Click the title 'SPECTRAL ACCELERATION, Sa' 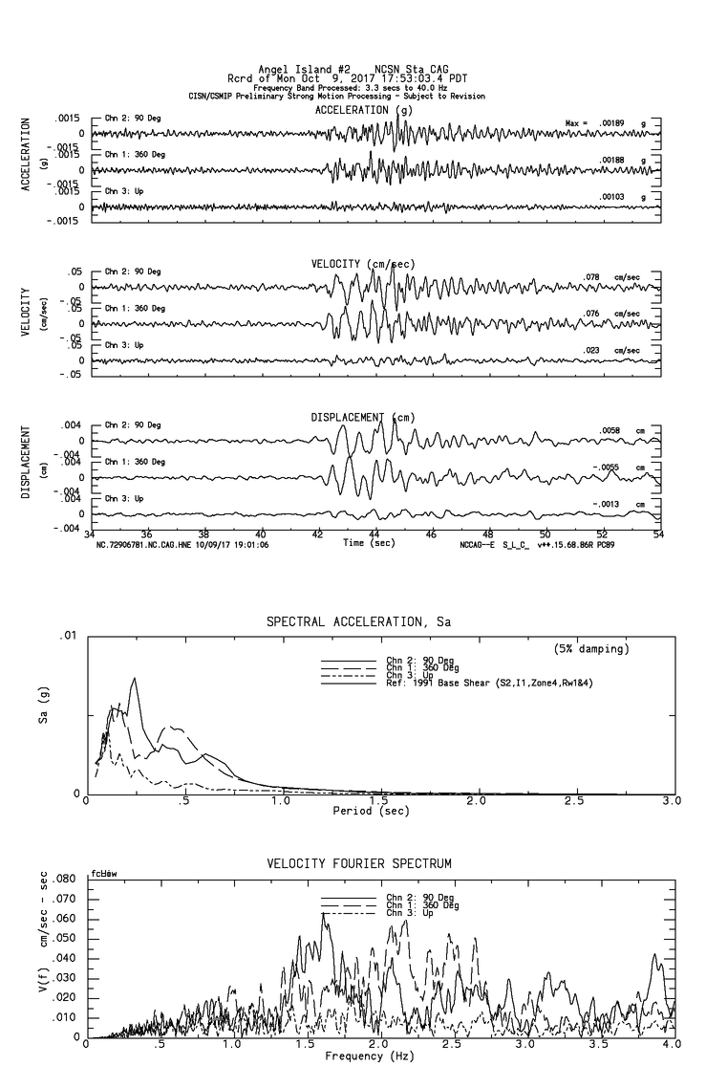click(357, 621)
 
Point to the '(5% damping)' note click(591, 649)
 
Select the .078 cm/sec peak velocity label click(593, 277)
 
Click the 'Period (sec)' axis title click(372, 811)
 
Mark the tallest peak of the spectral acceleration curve click(135, 678)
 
